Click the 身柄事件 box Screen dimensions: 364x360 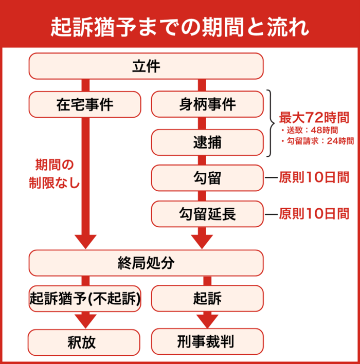point(207,104)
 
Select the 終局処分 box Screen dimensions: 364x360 point(146,263)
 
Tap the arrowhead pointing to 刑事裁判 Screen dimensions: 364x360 point(207,323)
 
